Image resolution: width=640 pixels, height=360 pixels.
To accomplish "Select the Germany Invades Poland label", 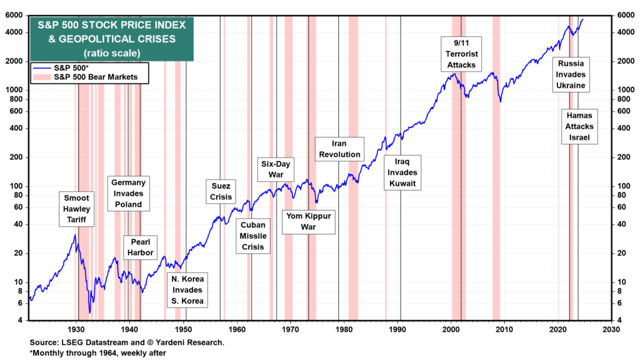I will click(129, 193).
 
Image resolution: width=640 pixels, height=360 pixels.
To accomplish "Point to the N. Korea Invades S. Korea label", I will click(188, 289).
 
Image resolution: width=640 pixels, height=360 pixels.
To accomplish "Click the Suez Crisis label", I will click(222, 191).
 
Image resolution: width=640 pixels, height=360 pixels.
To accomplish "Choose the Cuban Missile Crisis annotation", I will click(254, 236).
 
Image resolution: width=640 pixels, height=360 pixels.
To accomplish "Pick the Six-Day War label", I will click(276, 169).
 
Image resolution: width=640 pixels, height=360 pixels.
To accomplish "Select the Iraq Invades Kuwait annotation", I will click(401, 172).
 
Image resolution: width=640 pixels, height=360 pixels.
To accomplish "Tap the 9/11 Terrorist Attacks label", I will click(461, 53).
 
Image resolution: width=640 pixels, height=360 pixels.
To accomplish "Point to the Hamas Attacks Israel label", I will click(579, 127).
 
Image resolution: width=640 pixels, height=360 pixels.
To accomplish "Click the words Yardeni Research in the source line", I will click(193, 342).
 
